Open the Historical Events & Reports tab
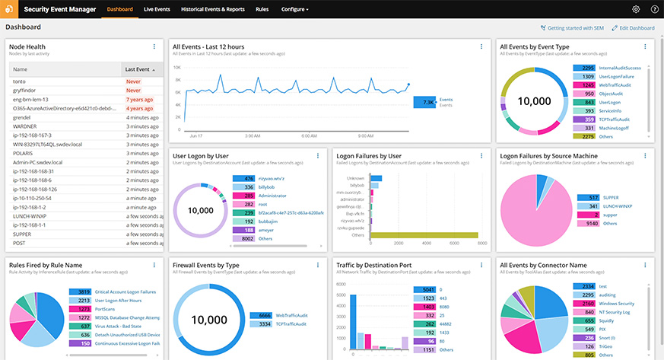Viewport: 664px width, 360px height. (x=214, y=9)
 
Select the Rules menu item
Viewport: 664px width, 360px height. (x=262, y=9)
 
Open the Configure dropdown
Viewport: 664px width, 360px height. (x=294, y=9)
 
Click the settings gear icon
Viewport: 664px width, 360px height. (x=636, y=9)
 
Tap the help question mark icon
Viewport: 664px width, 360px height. (x=654, y=9)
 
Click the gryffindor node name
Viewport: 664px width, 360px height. (x=26, y=90)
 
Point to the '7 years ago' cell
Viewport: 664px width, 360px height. (x=141, y=100)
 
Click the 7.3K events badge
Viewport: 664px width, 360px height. (x=424, y=102)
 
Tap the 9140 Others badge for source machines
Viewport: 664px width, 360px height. (x=587, y=223)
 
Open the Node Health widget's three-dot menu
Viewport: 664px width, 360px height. (x=154, y=47)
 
